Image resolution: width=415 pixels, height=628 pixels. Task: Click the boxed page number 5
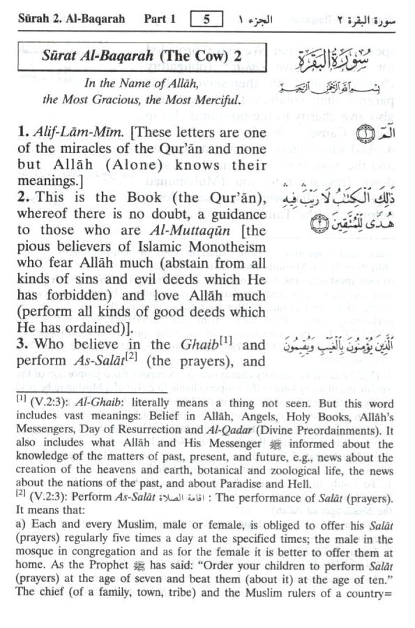(206, 20)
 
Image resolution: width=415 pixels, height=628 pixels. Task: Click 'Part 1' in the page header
(160, 20)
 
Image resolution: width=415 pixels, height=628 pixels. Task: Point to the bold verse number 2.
(24, 198)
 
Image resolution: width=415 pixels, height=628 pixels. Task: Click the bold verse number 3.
(24, 345)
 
